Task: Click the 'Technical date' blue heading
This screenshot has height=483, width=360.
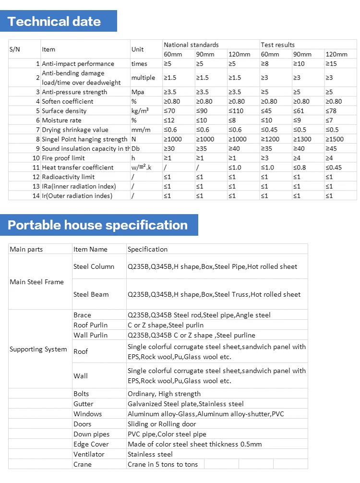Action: point(54,22)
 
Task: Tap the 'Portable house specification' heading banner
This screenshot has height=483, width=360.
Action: point(98,225)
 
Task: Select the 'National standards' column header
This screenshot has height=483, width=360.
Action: point(191,45)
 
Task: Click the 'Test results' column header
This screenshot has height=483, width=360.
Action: point(277,45)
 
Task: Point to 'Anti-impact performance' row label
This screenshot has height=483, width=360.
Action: point(78,63)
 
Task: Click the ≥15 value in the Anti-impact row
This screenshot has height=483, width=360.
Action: point(331,63)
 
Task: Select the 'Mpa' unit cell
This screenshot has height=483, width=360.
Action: point(137,92)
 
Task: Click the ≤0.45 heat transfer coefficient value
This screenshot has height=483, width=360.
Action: point(334,168)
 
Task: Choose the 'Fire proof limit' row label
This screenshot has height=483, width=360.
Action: point(63,158)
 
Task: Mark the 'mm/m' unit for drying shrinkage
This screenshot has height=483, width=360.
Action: point(139,130)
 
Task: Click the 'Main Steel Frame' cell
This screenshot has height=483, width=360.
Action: point(36,282)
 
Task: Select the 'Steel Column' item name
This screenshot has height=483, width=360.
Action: point(94,266)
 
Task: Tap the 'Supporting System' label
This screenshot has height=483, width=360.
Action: point(38,349)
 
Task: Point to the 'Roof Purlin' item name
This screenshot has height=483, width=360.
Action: point(90,325)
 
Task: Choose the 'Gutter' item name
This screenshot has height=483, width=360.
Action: point(84,404)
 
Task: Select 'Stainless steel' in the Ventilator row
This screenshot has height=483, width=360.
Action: point(150,454)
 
